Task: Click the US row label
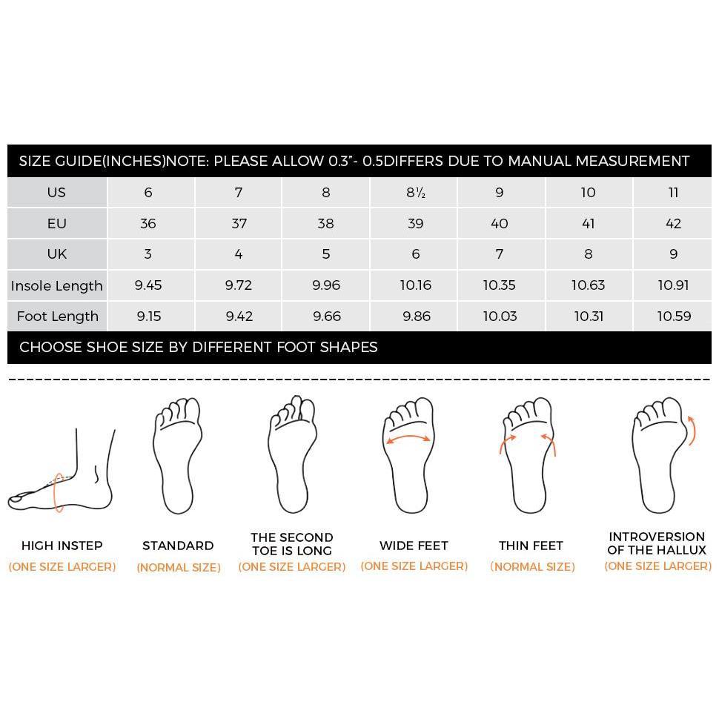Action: (x=56, y=193)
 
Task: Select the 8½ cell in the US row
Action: (x=415, y=193)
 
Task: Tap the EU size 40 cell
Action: (x=499, y=224)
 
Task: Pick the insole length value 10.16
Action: (x=415, y=285)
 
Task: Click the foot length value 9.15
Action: (x=149, y=317)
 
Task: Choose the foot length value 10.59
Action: (x=673, y=317)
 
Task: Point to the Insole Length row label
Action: (x=57, y=285)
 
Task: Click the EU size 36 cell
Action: (x=148, y=224)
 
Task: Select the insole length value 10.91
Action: (x=673, y=285)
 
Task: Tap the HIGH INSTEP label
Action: (x=62, y=546)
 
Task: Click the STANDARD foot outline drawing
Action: (x=178, y=456)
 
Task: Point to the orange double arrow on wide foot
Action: (x=408, y=438)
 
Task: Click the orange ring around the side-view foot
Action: (x=59, y=492)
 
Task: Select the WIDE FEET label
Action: (x=414, y=546)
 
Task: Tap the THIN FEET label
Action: (x=531, y=546)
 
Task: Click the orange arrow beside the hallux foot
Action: (x=692, y=431)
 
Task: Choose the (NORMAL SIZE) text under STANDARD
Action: (x=179, y=568)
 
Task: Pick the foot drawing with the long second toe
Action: (x=291, y=456)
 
